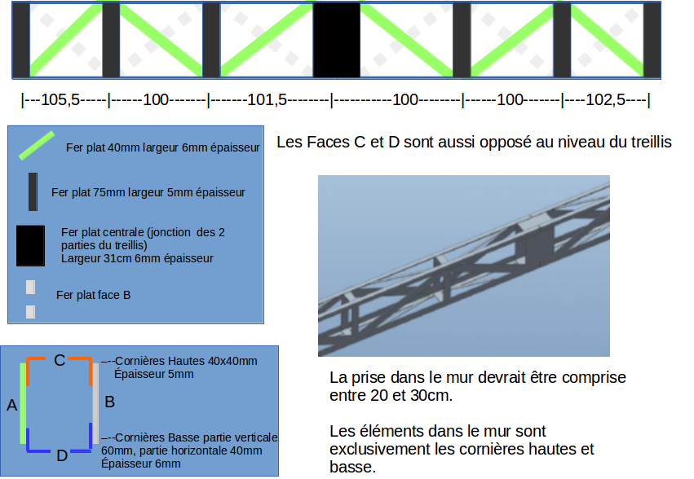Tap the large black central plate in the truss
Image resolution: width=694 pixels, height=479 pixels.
(x=337, y=40)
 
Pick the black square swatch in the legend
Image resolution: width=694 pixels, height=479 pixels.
(x=30, y=246)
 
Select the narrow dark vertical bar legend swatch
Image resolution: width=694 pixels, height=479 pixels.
(x=33, y=192)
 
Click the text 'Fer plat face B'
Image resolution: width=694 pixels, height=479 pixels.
(x=93, y=295)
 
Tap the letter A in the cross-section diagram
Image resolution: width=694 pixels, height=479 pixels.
(x=11, y=404)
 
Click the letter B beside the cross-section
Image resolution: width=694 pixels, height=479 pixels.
(x=109, y=401)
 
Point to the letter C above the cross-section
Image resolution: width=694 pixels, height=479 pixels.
(x=60, y=359)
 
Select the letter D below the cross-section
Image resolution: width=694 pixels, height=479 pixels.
(x=62, y=455)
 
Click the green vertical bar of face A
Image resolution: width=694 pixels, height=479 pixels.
(x=23, y=404)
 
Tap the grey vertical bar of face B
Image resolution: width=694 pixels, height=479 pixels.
(x=95, y=404)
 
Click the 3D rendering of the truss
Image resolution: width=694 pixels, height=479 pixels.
(x=463, y=266)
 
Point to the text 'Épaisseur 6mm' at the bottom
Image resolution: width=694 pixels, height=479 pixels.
(x=140, y=464)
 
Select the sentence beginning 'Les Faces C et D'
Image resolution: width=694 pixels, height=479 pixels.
(x=474, y=143)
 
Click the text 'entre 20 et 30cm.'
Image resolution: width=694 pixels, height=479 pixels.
(x=391, y=397)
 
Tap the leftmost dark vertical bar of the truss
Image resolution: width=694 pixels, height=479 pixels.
(x=20, y=40)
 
